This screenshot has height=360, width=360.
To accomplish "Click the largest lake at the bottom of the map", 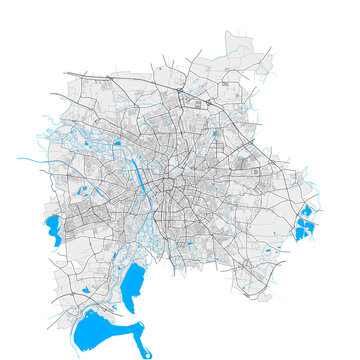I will [x=95, y=328].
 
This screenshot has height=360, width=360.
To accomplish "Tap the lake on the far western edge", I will [x=51, y=230].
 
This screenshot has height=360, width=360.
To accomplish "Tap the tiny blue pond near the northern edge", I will [x=159, y=69].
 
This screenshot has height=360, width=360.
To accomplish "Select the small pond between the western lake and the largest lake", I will [x=86, y=290].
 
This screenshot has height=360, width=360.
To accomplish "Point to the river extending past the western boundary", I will [x=30, y=158].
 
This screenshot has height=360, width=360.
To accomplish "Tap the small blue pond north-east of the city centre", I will [x=215, y=132].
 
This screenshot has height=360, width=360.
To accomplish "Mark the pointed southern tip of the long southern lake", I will [x=128, y=309].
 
